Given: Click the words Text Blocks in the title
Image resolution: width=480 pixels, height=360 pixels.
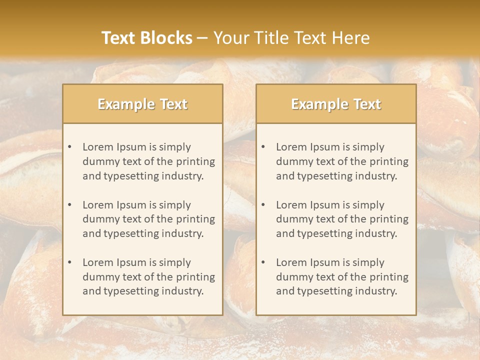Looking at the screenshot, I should pos(146,38).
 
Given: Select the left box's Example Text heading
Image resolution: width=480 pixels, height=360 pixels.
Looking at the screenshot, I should pos(142,104).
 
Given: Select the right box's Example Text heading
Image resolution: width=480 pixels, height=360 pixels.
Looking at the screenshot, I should pos(336,104).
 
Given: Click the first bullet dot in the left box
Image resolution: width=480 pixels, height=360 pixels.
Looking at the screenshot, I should pos(69,147).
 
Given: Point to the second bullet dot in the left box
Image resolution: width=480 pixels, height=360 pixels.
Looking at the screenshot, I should pos(69,205).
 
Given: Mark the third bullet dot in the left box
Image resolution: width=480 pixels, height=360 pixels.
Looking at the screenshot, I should pos(69,262).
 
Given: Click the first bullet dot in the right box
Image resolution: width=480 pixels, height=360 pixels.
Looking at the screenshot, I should pos(263,147).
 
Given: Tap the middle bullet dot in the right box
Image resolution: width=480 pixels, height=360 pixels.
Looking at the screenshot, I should pos(263,205).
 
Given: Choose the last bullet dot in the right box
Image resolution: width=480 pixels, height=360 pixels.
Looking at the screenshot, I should pos(263,262).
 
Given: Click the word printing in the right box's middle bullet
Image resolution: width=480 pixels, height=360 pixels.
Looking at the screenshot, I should pos(389,219).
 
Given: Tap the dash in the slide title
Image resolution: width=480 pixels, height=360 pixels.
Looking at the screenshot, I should pos(202,38).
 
